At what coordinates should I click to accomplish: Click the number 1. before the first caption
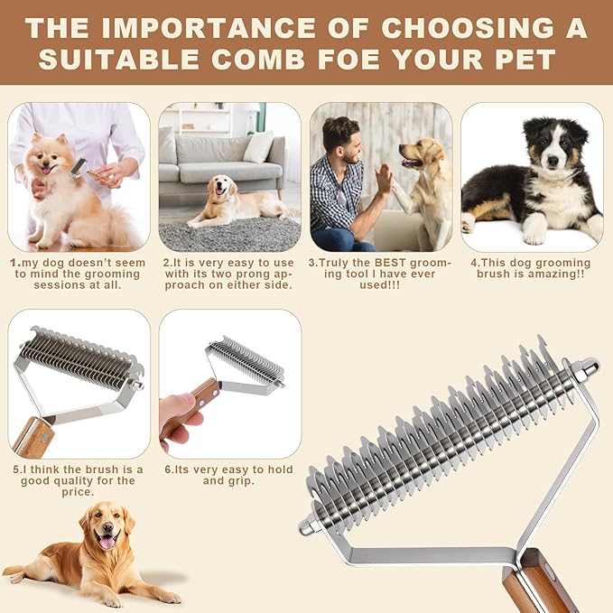[x=14, y=262]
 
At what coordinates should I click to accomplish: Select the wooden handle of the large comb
[x=539, y=582]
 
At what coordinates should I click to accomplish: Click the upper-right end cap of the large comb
[x=586, y=366]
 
